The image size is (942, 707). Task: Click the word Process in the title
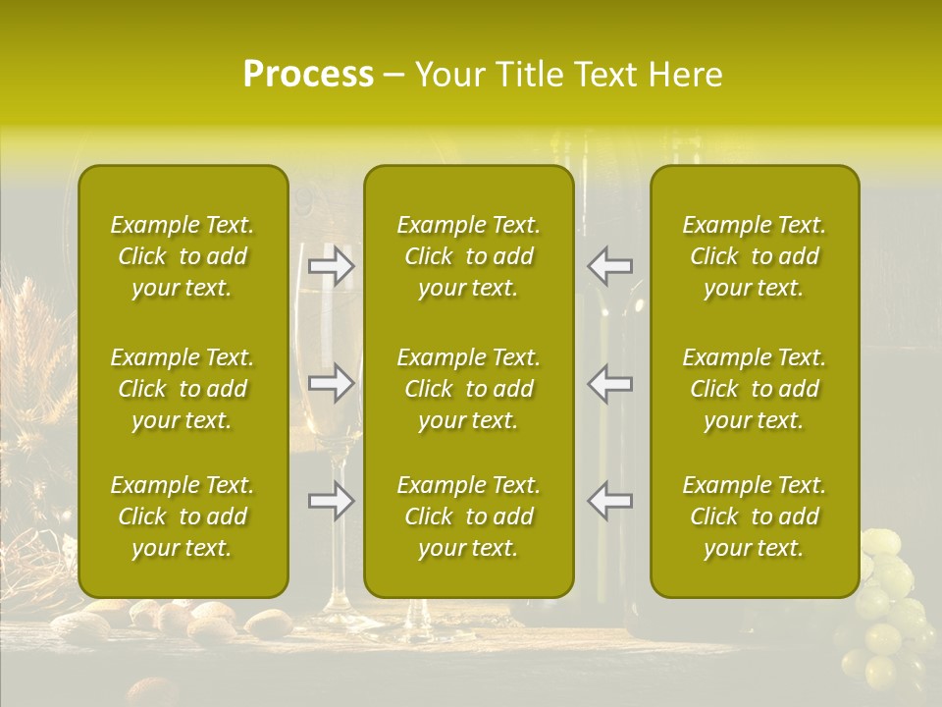308,75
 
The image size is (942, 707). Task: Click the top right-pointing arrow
332,266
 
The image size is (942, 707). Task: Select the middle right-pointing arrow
332,382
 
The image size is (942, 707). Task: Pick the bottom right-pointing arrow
332,501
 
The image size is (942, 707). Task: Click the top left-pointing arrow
610,266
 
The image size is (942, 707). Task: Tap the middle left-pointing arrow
610,382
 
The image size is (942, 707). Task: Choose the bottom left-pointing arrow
610,501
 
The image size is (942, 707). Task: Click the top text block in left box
183,256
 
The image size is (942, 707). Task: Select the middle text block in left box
183,389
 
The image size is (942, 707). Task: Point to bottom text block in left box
183,517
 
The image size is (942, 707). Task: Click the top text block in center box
469,256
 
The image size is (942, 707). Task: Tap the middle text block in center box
469,389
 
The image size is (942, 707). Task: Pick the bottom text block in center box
469,517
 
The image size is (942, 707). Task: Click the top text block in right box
755,256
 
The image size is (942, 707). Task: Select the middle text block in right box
755,389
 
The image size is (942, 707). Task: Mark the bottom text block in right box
755,517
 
